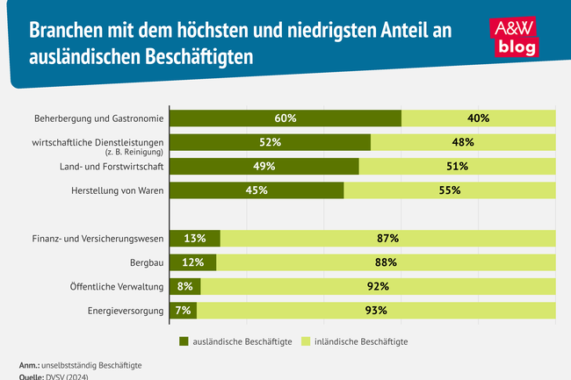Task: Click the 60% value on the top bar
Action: point(285,118)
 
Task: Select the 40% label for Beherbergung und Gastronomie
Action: point(479,118)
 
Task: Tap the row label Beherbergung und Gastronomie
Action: point(98,118)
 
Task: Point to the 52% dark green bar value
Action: point(270,141)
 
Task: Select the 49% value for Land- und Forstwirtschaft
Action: point(264,166)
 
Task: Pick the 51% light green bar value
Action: point(457,166)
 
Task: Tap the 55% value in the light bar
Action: point(449,190)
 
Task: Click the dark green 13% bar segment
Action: point(194,238)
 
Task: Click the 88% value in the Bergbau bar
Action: point(386,262)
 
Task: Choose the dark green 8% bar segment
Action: point(185,286)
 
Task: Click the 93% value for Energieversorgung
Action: point(376,310)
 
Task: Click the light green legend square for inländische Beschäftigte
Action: point(307,341)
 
